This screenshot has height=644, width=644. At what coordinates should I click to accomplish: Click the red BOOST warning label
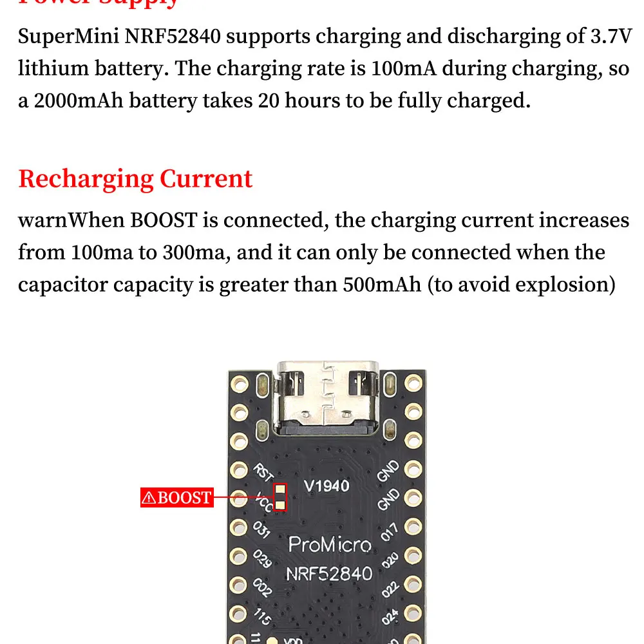point(177,497)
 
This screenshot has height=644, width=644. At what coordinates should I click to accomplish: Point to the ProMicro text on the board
point(330,545)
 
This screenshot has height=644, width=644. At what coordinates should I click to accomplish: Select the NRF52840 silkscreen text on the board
point(329,573)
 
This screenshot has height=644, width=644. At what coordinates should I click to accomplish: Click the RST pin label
point(262,473)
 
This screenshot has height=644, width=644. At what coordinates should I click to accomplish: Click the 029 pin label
point(261,559)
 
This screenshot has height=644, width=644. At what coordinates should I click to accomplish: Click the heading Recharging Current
point(135,178)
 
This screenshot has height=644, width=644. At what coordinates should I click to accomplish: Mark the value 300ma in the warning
point(196,252)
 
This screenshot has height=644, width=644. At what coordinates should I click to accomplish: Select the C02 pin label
point(262,588)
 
